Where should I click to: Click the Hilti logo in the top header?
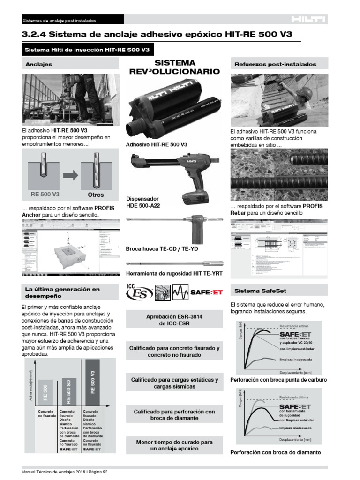[308, 19]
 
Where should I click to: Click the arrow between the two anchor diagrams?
[70, 175]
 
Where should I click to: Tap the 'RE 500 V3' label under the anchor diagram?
[45, 194]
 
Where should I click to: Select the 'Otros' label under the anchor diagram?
[95, 194]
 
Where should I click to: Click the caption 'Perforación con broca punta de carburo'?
[279, 379]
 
